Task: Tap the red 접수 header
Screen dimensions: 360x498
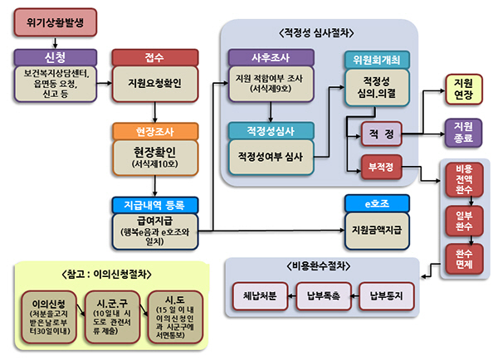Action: click(x=154, y=58)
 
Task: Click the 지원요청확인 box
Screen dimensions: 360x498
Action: click(x=154, y=83)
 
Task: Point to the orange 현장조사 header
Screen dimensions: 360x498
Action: click(x=154, y=131)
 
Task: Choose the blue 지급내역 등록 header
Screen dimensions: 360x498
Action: click(x=154, y=204)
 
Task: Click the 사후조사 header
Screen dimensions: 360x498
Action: click(x=270, y=58)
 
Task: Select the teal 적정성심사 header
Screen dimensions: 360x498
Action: click(x=270, y=131)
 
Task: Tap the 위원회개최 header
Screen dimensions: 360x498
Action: click(x=377, y=60)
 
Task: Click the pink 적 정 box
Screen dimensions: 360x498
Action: click(x=382, y=133)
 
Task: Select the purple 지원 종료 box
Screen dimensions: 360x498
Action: click(x=463, y=132)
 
